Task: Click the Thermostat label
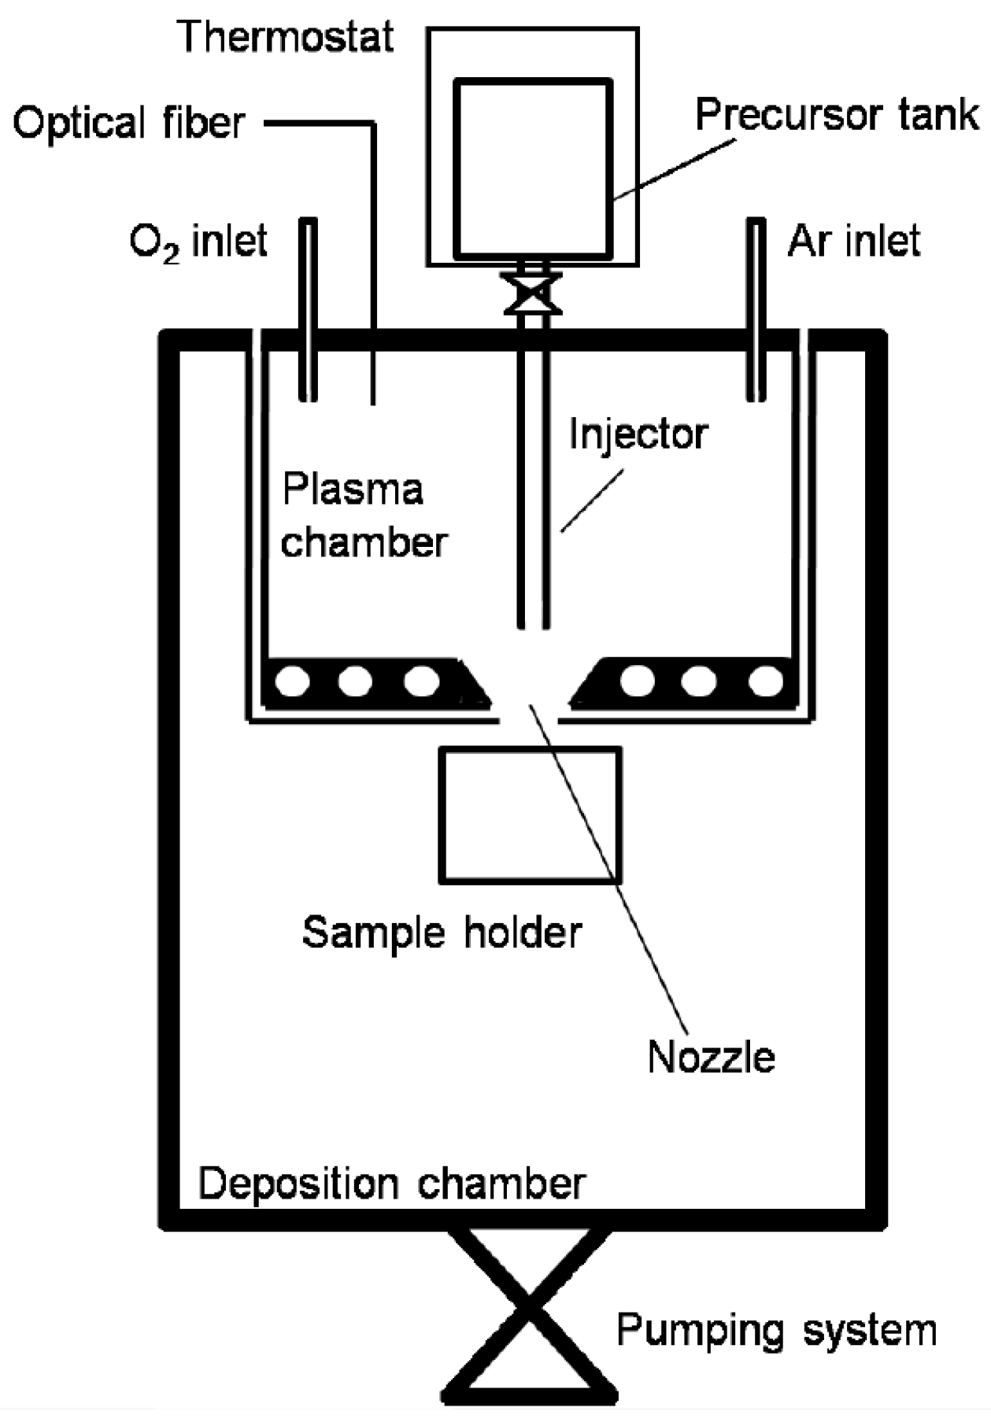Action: click(x=286, y=37)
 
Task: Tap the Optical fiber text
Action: click(x=128, y=124)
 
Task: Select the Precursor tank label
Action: click(x=837, y=115)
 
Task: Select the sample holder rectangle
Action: click(x=530, y=815)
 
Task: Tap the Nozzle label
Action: click(x=710, y=1057)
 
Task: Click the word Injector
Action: click(x=638, y=434)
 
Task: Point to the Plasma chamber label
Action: click(x=364, y=515)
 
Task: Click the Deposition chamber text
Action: click(x=392, y=1184)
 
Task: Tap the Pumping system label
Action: click(x=776, y=1330)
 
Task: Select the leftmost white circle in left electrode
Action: click(x=292, y=681)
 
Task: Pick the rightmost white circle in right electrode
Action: click(x=764, y=681)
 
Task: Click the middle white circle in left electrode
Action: click(x=355, y=681)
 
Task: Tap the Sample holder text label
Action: click(x=442, y=933)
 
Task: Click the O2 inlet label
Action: click(x=198, y=241)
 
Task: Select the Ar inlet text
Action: click(x=854, y=241)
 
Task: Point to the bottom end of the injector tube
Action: click(x=532, y=625)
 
